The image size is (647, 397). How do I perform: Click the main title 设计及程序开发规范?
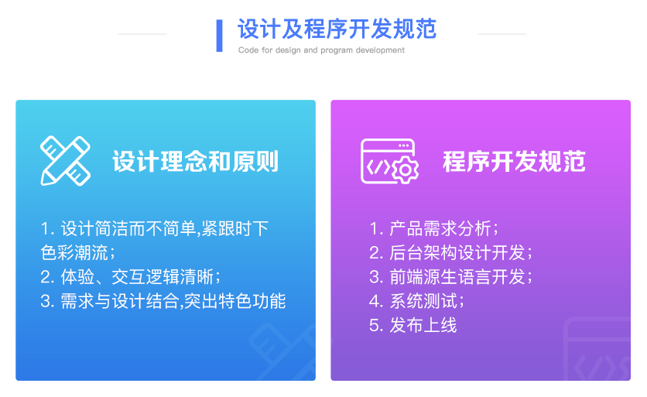tap(337, 29)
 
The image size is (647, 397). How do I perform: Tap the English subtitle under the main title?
tap(321, 50)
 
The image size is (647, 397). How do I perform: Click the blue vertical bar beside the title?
tap(220, 36)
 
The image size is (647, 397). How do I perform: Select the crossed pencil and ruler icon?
tap(65, 160)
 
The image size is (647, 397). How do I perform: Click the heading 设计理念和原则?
tap(196, 162)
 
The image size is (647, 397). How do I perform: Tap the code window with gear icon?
tap(389, 161)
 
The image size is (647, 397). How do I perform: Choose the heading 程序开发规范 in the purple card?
tap(514, 162)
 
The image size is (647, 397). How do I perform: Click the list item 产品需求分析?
tap(434, 228)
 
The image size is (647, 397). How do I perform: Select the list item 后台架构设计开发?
tap(451, 252)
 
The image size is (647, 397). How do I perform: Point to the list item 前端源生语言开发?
tap(451, 277)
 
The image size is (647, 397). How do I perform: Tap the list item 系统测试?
tap(416, 301)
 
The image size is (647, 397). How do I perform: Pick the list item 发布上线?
tap(413, 325)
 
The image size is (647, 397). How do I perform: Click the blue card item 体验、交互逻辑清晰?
tap(130, 277)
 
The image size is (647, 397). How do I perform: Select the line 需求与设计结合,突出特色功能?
tap(163, 301)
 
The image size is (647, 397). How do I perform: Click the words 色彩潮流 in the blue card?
tap(74, 252)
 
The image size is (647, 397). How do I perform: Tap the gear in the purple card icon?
tap(405, 170)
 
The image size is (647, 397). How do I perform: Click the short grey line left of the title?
tap(142, 34)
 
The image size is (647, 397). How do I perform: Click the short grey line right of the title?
tap(502, 34)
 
